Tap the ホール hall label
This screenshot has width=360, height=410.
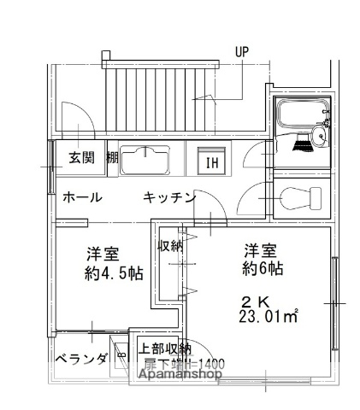click(x=83, y=197)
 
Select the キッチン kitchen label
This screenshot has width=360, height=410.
click(x=169, y=198)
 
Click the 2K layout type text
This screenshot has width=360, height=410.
click(x=254, y=302)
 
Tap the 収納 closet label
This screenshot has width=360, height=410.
click(x=170, y=247)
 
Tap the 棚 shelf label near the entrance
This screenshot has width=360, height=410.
click(x=112, y=157)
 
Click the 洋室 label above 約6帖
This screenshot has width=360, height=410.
click(x=261, y=252)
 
